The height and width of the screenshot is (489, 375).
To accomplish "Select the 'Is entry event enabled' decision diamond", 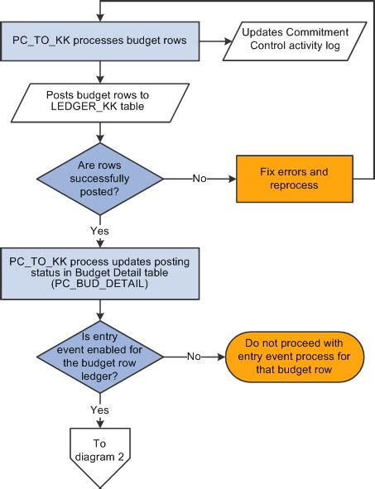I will coord(100,357).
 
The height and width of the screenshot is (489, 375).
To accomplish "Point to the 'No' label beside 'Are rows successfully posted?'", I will coord(200,177).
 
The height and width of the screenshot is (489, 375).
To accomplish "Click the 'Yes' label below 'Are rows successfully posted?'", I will coord(100,230).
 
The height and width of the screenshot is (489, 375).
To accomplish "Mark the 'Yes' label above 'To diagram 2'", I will coord(100,410).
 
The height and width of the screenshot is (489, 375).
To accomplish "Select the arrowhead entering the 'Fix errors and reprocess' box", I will coord(233,177).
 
